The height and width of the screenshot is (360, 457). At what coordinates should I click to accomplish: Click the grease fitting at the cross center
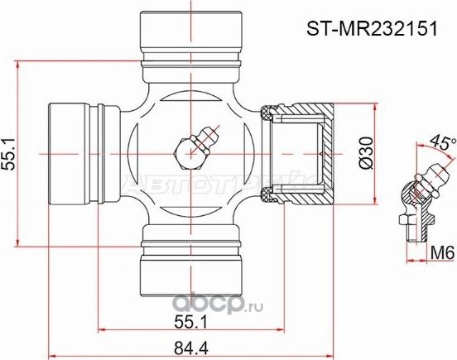(x=192, y=147)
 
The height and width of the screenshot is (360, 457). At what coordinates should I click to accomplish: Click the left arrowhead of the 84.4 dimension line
(x=53, y=348)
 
